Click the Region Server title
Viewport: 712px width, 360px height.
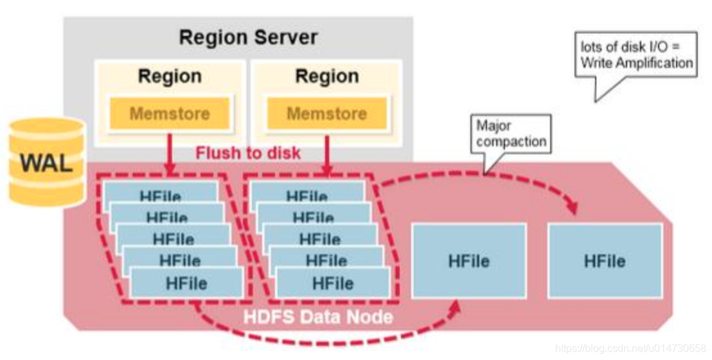tap(247, 37)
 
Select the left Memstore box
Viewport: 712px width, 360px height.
tap(170, 114)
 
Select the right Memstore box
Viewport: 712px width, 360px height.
tap(326, 114)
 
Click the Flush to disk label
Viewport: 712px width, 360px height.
tap(247, 154)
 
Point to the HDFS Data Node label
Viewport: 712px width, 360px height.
tap(318, 316)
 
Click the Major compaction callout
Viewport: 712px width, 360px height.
tap(512, 134)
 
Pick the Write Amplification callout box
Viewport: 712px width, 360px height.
tap(636, 55)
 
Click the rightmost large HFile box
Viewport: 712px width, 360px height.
tap(605, 261)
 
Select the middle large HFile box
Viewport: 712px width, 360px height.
tap(468, 261)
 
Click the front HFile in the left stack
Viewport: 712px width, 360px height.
tap(186, 283)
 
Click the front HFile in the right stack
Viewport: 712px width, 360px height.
tap(333, 283)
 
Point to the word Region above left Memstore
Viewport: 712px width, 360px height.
tap(170, 77)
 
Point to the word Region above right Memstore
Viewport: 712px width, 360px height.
tap(326, 77)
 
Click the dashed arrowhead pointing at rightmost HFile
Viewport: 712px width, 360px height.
tap(571, 209)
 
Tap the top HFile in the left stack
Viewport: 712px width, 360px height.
tap(160, 193)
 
